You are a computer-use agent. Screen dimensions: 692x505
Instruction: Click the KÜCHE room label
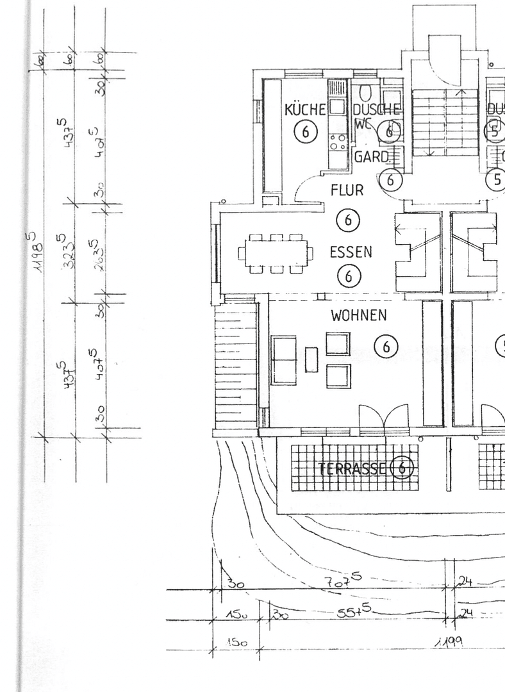click(x=305, y=110)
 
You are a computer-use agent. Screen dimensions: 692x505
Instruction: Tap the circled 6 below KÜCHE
click(x=305, y=132)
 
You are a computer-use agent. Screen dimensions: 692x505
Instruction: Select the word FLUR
click(x=347, y=190)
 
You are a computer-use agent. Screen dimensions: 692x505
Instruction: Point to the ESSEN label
click(x=351, y=251)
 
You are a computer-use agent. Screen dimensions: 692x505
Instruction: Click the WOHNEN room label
click(x=359, y=315)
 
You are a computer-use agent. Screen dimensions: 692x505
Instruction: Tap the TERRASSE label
click(x=353, y=469)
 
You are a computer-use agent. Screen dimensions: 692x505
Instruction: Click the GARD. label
click(x=372, y=157)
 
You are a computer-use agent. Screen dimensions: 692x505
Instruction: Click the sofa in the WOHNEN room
click(x=283, y=360)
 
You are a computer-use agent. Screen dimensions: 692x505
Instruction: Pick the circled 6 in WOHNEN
click(x=386, y=347)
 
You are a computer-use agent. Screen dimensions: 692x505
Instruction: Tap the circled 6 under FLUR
click(x=348, y=220)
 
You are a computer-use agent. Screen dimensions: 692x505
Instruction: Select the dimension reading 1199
click(x=450, y=641)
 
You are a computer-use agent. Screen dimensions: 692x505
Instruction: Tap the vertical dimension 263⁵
click(x=95, y=256)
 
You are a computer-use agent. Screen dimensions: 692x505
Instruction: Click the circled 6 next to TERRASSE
click(x=402, y=468)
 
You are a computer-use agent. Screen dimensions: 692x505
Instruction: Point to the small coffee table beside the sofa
click(x=311, y=359)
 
